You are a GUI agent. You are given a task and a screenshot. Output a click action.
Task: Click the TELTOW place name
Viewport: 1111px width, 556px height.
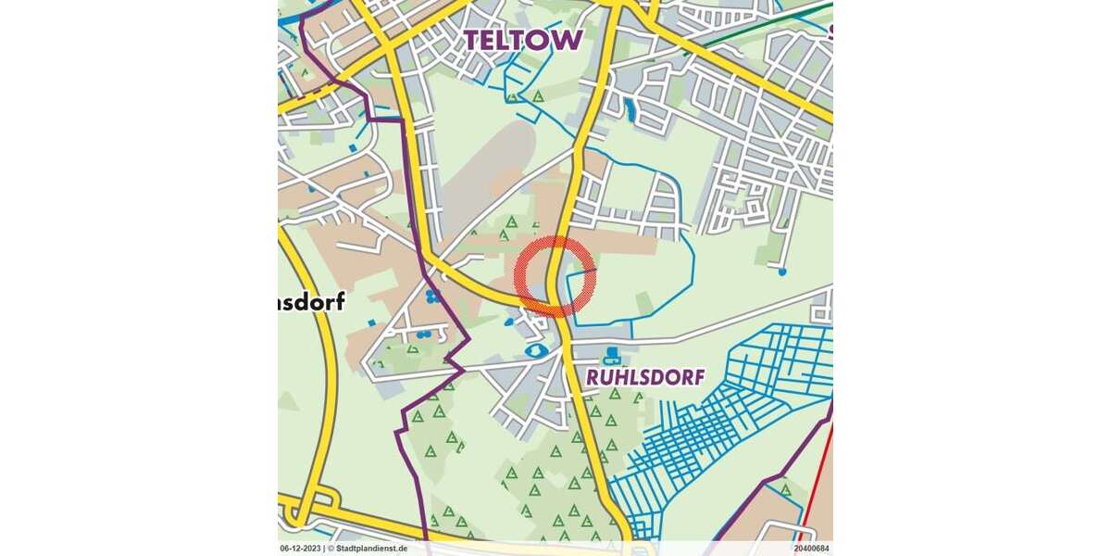click(x=523, y=39)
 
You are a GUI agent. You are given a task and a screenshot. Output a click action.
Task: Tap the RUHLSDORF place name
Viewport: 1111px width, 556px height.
click(x=645, y=377)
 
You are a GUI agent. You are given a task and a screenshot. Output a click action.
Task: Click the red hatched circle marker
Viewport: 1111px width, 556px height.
click(x=555, y=276)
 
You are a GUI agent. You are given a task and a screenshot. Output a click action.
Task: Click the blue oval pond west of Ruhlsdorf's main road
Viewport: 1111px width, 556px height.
click(x=535, y=351)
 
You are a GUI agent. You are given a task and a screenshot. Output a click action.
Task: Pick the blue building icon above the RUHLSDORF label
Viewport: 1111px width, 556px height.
click(x=611, y=355)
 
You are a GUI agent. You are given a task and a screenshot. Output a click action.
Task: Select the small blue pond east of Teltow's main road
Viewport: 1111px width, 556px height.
click(x=630, y=110)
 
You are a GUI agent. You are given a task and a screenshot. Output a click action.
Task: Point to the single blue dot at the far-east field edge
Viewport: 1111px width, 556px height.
click(x=782, y=272)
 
